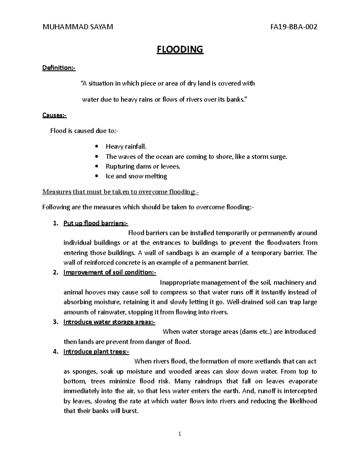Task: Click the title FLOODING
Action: tap(180, 49)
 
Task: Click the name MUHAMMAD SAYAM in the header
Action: tap(78, 27)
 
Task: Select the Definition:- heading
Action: tap(59, 68)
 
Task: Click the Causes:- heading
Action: tap(55, 115)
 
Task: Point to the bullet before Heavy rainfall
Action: tap(96, 147)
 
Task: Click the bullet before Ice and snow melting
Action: tap(96, 176)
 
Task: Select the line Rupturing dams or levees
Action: tap(143, 167)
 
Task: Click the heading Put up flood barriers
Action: tap(95, 223)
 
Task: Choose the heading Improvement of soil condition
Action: tap(109, 272)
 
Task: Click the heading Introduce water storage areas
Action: tap(109, 322)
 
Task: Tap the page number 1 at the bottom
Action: tap(179, 434)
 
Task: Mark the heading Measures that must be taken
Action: tap(120, 192)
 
